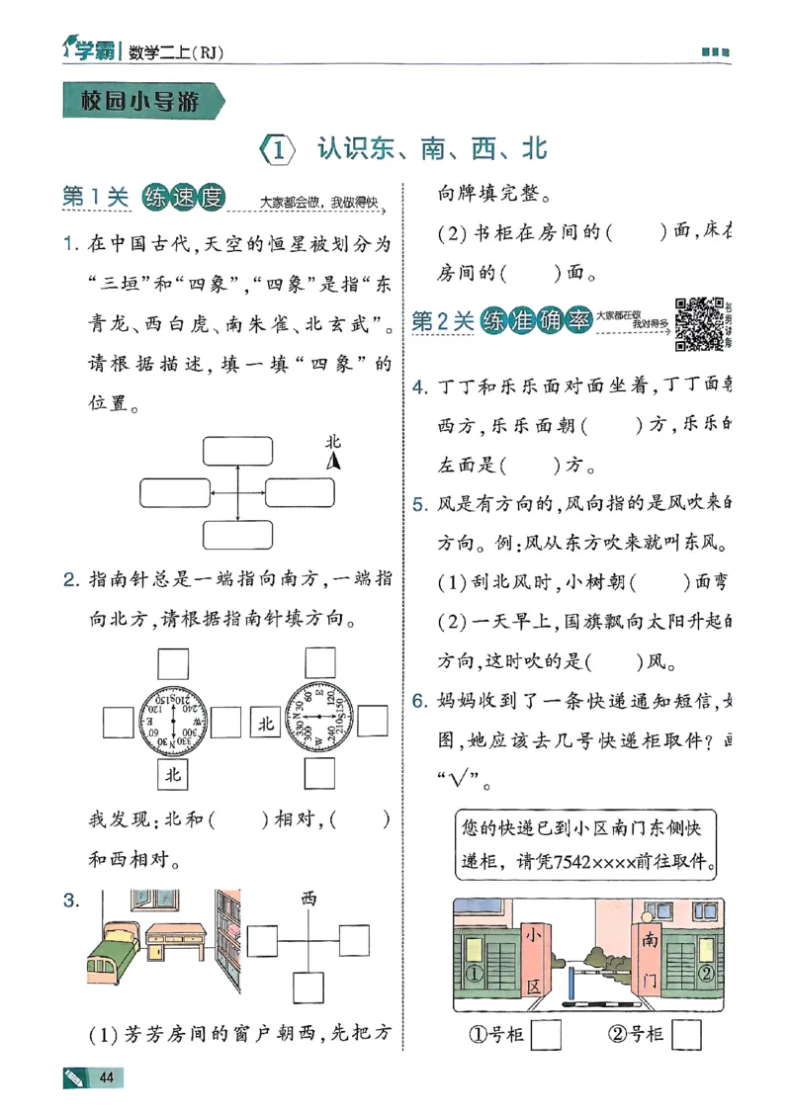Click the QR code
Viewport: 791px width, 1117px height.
pos(696,322)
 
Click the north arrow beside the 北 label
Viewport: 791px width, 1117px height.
pos(334,461)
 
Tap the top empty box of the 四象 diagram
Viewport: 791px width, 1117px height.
pos(237,451)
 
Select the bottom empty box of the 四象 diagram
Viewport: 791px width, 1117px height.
pos(237,535)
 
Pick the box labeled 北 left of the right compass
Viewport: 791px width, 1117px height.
pos(265,724)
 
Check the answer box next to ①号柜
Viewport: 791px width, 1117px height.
pos(546,1034)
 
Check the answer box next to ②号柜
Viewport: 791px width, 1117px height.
pos(686,1034)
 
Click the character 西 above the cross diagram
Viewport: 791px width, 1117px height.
pos(308,898)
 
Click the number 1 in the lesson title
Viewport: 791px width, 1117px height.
pos(279,150)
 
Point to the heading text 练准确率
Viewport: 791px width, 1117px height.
pos(536,321)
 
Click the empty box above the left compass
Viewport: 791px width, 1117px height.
pos(174,662)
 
